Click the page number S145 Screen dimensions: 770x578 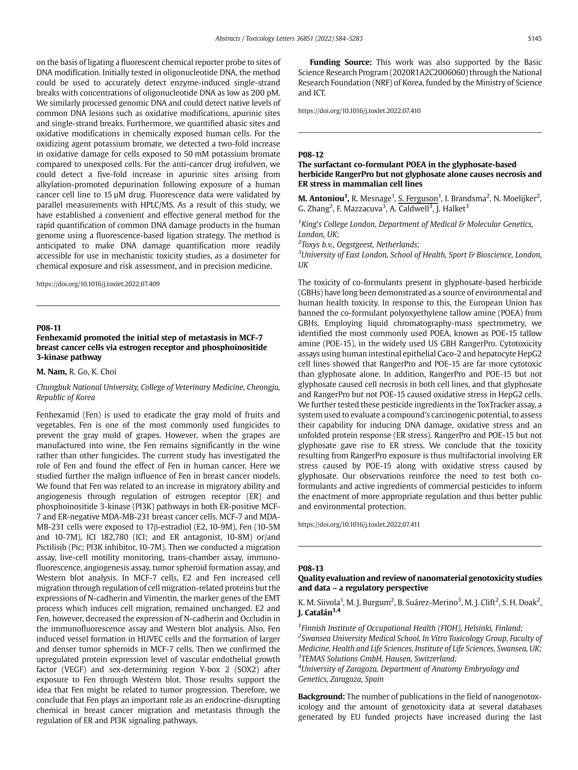[534, 39]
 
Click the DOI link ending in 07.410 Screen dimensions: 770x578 [359, 111]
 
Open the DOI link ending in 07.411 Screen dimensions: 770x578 [359, 525]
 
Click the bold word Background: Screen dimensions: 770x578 [321, 697]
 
